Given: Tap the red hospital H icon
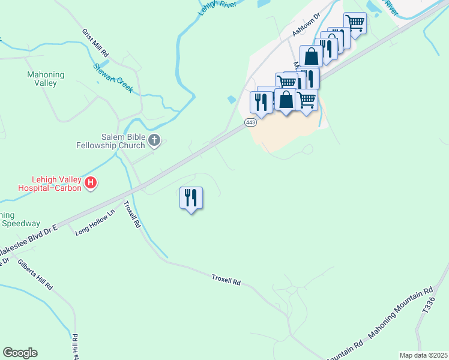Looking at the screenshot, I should point(90,182).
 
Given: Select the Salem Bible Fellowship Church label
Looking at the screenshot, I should point(110,140).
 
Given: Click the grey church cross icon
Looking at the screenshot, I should point(154,140).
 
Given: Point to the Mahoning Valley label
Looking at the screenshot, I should point(45,79).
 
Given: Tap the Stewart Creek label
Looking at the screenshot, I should point(113,77).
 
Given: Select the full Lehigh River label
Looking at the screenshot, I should point(217,7).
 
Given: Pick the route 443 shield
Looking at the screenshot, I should point(250,122).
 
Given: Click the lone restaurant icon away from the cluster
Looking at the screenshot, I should point(191,197).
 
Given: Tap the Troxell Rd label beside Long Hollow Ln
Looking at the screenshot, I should point(132,214).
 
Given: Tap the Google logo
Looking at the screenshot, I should point(20,353).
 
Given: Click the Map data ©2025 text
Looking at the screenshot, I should point(423,355).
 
